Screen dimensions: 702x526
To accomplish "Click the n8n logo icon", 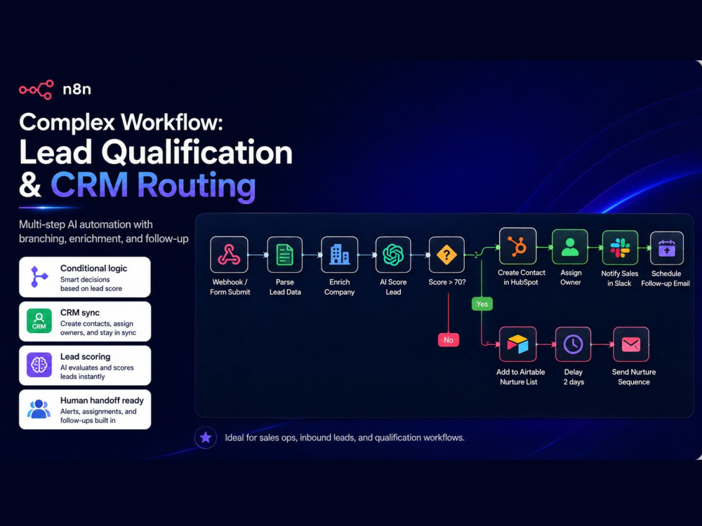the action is (37, 90).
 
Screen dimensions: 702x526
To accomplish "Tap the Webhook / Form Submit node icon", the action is (230, 255).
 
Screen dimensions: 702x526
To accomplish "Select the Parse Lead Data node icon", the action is (285, 255).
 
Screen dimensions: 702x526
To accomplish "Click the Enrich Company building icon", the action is (339, 255).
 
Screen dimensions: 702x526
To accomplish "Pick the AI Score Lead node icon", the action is (393, 255).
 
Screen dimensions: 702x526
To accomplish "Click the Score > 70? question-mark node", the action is (446, 255).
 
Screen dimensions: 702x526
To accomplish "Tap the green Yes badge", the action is (482, 304).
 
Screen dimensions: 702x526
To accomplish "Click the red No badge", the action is (448, 340).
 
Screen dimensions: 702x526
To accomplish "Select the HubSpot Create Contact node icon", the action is (517, 246).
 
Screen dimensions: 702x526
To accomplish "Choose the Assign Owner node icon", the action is (570, 247).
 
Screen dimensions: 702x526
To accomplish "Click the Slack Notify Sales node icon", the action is (620, 248).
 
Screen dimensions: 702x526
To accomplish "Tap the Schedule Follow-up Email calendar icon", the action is (667, 248).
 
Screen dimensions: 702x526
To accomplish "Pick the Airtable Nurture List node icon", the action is (517, 344).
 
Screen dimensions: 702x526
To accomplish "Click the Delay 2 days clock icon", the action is (573, 344).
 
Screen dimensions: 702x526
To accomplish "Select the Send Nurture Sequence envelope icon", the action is (631, 344).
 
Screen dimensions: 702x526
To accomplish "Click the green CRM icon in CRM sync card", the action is (39, 321).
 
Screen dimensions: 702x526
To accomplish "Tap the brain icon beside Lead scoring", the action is (39, 365).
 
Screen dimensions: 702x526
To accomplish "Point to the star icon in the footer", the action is (206, 438).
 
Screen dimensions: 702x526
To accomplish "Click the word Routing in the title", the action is (197, 185).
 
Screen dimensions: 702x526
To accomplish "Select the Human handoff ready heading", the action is (102, 400).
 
